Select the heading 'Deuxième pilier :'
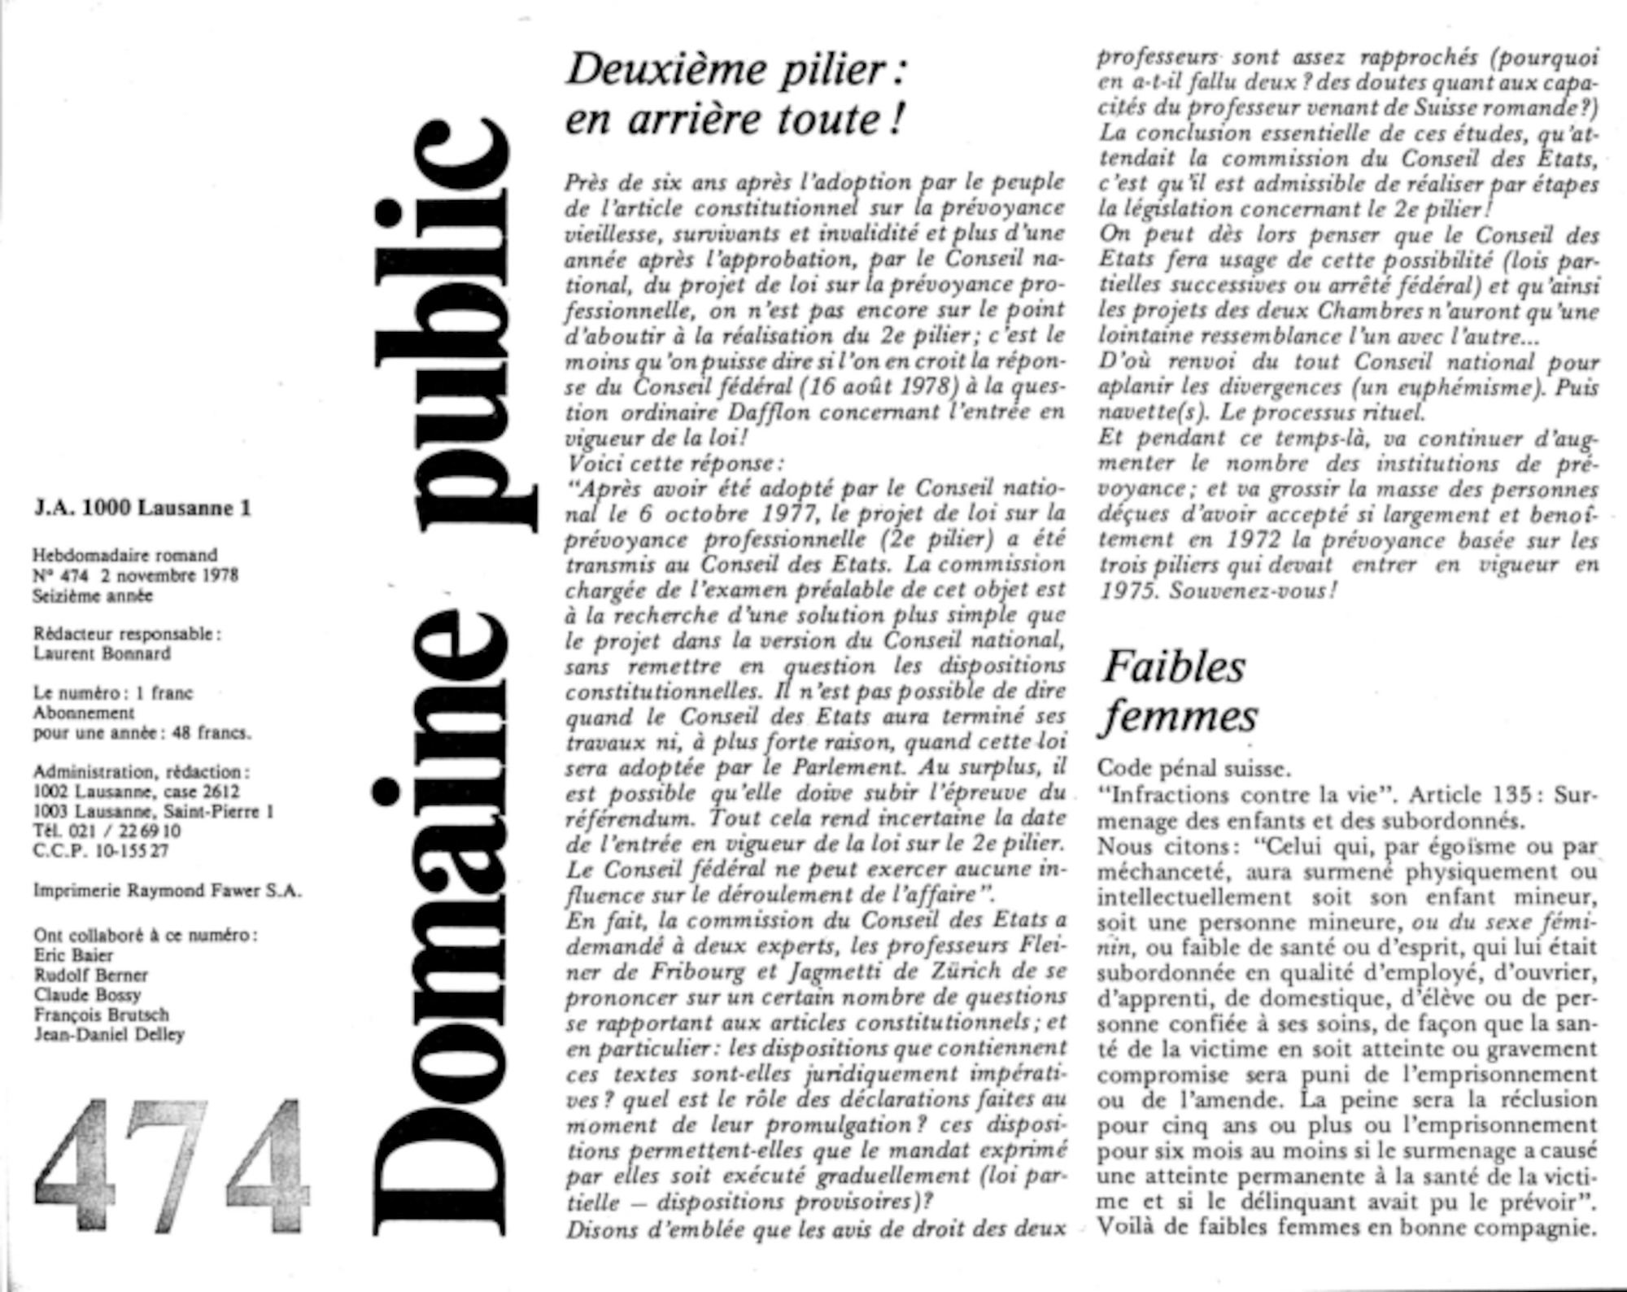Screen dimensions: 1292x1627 [x=736, y=70]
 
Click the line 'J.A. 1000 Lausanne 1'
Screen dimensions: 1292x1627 [x=142, y=509]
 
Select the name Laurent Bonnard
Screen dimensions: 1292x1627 [x=102, y=654]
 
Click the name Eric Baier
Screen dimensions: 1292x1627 [x=73, y=955]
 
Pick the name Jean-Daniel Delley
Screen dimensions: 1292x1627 [x=109, y=1035]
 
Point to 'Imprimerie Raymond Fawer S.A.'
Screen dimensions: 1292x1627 [x=167, y=891]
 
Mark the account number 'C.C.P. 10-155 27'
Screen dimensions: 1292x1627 [x=101, y=851]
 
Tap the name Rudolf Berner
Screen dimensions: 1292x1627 [x=90, y=975]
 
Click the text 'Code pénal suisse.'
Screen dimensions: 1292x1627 [x=1193, y=769]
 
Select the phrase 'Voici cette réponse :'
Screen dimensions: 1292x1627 [x=674, y=464]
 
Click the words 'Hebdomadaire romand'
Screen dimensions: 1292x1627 [x=124, y=556]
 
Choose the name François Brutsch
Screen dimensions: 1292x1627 [x=101, y=1015]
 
